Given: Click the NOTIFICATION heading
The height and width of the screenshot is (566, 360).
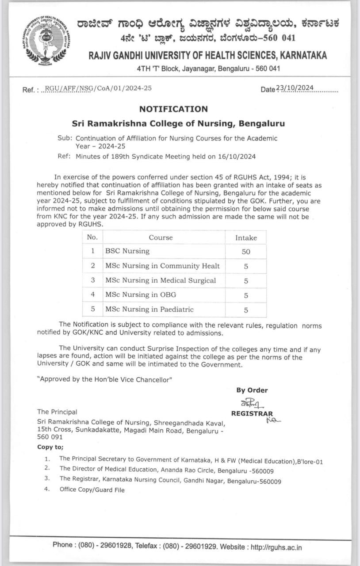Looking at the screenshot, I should point(173,109).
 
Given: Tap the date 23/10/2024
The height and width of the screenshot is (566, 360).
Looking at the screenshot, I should point(295,88).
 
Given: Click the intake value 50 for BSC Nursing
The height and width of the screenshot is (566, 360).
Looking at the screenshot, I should point(246,252).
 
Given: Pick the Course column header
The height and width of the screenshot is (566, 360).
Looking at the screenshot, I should point(161,237).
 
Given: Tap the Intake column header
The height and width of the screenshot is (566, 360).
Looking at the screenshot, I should point(246,237).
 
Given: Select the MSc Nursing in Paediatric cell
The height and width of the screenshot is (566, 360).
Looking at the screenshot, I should point(149,309).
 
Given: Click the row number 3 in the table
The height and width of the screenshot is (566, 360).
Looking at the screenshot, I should point(93,280).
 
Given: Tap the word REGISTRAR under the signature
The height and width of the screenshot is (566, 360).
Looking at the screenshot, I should point(252,414).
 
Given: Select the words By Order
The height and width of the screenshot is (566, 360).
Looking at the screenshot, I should point(252,390).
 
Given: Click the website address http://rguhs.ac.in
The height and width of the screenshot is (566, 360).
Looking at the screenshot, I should point(276,547).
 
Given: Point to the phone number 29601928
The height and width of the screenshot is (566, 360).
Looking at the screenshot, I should point(115,545).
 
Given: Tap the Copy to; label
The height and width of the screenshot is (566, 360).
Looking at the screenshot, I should point(50,447).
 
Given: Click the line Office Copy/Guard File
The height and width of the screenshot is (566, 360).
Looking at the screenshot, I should point(92,490).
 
